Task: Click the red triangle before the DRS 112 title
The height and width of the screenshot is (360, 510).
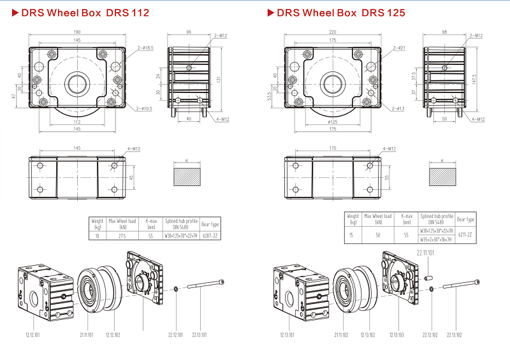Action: pyautogui.click(x=15, y=13)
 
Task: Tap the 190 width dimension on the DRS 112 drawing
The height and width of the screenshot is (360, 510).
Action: pyautogui.click(x=76, y=32)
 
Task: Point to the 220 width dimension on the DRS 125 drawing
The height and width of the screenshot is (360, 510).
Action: pyautogui.click(x=331, y=32)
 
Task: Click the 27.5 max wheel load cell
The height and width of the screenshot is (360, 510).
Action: pyautogui.click(x=122, y=235)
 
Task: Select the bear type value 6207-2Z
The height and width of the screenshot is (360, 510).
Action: pyautogui.click(x=210, y=235)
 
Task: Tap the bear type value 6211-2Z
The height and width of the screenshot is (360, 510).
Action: pyautogui.click(x=465, y=234)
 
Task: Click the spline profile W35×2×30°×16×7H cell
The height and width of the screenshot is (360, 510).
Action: pyautogui.click(x=437, y=240)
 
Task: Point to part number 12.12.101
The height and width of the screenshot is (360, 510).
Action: pyautogui.click(x=34, y=335)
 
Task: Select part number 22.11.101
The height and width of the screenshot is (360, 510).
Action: pyautogui.click(x=426, y=254)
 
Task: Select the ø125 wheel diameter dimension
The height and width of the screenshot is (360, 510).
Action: pyautogui.click(x=331, y=120)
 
